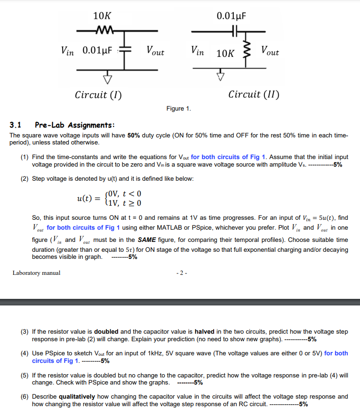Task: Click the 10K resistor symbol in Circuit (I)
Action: [103, 32]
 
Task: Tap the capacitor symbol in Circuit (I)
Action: [125, 50]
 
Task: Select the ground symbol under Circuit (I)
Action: [108, 76]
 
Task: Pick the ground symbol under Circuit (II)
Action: [220, 76]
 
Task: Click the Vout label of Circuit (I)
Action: [155, 51]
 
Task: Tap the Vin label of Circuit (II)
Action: [198, 51]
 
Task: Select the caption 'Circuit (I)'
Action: [98, 95]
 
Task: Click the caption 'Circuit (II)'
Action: [254, 95]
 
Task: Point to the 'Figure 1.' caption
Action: [178, 109]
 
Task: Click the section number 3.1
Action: [16, 125]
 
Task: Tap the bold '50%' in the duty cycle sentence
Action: [134, 135]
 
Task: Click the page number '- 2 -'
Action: [181, 273]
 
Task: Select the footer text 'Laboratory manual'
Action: [36, 273]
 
